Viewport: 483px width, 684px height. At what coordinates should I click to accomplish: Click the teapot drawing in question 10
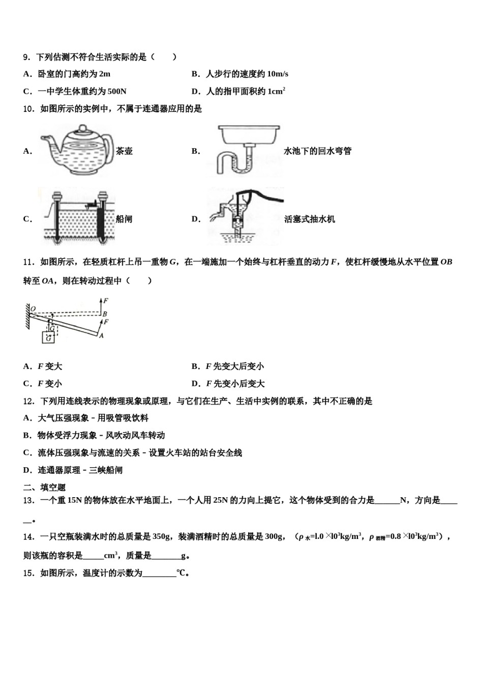tap(76, 150)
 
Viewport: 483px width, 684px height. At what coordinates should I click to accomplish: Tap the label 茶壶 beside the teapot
tap(124, 151)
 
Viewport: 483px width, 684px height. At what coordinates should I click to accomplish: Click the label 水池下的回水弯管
tap(317, 151)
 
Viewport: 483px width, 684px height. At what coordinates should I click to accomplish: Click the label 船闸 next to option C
tap(124, 219)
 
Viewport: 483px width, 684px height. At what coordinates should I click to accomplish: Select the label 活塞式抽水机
tap(309, 219)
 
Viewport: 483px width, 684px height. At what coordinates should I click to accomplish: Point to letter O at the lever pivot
tap(33, 308)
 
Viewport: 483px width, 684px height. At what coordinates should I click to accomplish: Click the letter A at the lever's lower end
tap(102, 335)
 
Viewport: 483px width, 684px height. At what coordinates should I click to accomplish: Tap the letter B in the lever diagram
tap(104, 314)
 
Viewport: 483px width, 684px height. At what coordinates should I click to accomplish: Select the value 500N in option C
tap(117, 92)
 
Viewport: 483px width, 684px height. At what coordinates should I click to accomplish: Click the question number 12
tap(28, 401)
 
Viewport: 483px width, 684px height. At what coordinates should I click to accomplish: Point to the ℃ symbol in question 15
tap(182, 573)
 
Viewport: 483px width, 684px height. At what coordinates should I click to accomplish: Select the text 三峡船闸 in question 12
tap(105, 470)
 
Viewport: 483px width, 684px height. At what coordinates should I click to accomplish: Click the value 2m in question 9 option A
tap(104, 74)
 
